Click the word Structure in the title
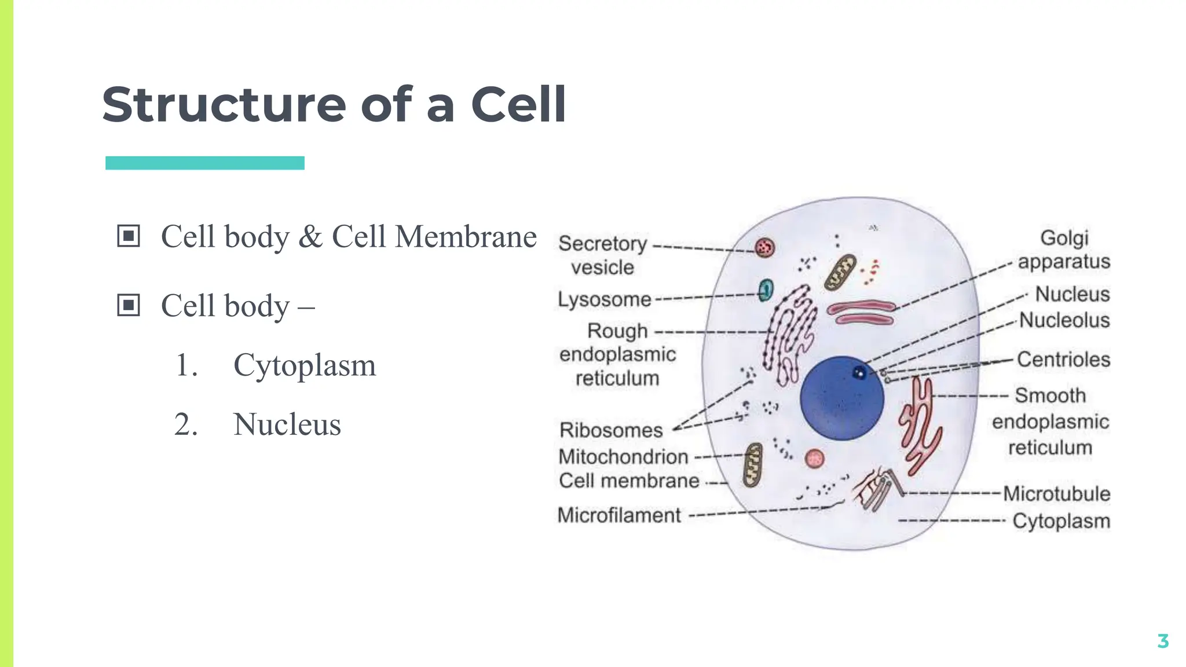coord(224,105)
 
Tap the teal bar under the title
coord(204,163)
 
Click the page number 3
coord(1162,641)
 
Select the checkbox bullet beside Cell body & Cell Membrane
coord(128,236)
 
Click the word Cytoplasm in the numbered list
coord(305,366)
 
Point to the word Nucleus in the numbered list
coord(287,424)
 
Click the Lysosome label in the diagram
coord(604,299)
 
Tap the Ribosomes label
coord(611,430)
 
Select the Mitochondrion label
coord(623,457)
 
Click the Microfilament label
coord(619,515)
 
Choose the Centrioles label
coord(1063,360)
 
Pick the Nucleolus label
coord(1064,320)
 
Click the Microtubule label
coord(1056,494)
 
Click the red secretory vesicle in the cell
coord(764,248)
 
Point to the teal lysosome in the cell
coord(766,289)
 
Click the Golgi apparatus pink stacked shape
coord(861,313)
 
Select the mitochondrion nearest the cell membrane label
coord(753,465)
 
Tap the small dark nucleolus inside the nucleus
coord(859,373)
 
